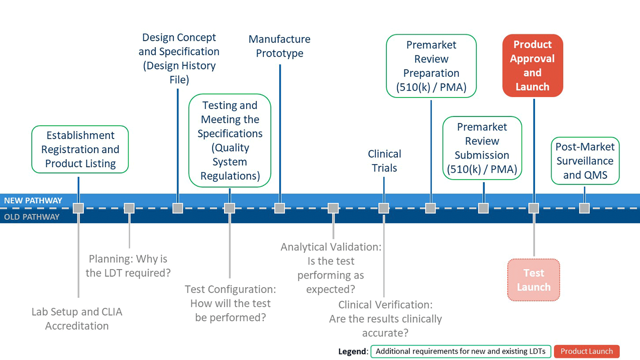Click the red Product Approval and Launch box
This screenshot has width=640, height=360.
point(532,66)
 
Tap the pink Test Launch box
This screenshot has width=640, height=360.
point(533,280)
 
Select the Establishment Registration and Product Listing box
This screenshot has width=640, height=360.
point(80,149)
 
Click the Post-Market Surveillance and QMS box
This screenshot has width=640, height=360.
point(585,161)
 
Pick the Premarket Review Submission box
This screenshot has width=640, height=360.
point(482,148)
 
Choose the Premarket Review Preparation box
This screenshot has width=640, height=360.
point(431,66)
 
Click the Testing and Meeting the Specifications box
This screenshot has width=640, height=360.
point(230,140)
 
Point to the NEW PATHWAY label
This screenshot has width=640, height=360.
point(33,201)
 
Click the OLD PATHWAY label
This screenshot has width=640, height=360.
point(32,217)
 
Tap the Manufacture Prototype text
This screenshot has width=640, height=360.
point(279,46)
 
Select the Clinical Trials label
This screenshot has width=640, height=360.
point(384,161)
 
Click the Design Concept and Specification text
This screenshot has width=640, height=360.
point(179,58)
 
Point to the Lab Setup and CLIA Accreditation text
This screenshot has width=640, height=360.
point(77,319)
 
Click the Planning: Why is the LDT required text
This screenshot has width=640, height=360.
point(128,266)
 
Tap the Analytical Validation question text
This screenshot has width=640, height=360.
point(331,268)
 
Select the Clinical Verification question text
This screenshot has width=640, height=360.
point(385,319)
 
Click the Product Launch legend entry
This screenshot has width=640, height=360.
point(587,351)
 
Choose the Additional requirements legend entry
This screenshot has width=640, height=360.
point(460,351)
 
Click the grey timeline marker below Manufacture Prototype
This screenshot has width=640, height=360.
point(280,208)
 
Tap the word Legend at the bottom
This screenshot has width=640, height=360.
point(353,351)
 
